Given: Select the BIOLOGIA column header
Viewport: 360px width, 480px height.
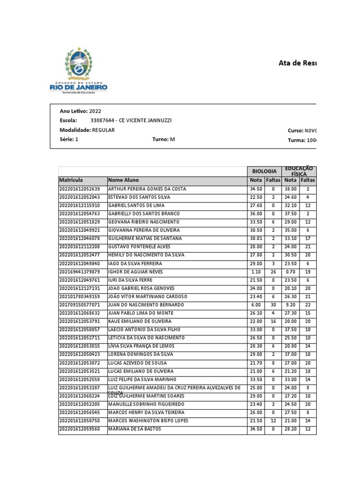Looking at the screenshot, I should click(264, 172).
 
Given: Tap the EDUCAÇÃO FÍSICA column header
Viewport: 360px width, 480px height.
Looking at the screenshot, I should click(299, 171).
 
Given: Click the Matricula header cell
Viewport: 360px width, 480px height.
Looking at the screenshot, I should click(71, 180).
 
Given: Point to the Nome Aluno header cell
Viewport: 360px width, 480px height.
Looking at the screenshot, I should click(123, 180).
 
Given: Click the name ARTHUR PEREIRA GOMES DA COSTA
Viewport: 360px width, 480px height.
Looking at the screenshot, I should click(147, 189).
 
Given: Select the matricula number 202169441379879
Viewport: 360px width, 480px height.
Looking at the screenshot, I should click(80, 271).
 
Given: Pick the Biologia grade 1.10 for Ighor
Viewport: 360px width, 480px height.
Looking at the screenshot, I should click(256, 271).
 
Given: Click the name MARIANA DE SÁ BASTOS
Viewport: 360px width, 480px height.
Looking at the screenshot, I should click(135, 429).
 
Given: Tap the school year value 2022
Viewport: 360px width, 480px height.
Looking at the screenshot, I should click(95, 111).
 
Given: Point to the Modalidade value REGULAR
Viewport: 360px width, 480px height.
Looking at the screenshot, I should click(103, 130).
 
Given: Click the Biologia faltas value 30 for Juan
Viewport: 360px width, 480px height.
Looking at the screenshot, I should click(273, 305).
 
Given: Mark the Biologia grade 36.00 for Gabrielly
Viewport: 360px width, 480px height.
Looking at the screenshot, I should click(256, 214).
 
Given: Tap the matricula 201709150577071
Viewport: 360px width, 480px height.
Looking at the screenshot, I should click(80, 305).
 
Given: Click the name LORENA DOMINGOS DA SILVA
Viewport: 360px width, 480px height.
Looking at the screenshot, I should click(141, 354).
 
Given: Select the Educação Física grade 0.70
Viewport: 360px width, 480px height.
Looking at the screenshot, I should click(291, 271).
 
